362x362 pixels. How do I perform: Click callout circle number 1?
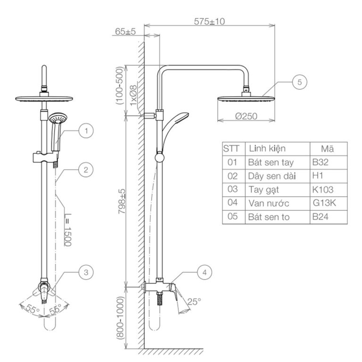click(x=86, y=131)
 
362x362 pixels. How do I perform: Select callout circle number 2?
click(x=85, y=170)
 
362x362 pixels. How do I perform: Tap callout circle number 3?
click(x=85, y=272)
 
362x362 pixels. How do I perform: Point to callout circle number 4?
click(x=204, y=272)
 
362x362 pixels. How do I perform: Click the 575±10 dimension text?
click(x=209, y=21)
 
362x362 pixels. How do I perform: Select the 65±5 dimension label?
click(x=125, y=31)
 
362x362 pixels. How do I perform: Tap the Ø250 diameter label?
click(x=246, y=116)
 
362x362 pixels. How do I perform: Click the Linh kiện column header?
click(x=267, y=149)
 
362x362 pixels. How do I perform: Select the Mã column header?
click(x=328, y=149)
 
